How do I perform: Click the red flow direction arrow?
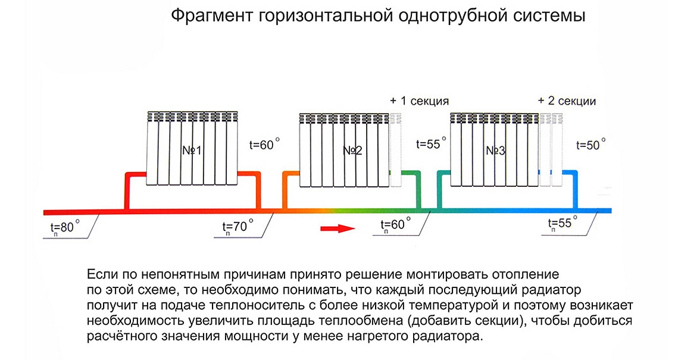[x=337, y=228]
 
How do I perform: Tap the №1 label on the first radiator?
[x=192, y=151]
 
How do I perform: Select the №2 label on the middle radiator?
[x=352, y=151]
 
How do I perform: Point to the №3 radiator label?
[x=495, y=151]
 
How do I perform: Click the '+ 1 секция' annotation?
[x=419, y=101]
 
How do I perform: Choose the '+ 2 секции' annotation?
[x=567, y=101]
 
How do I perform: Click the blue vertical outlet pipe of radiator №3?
[x=576, y=190]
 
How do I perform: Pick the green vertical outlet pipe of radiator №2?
[x=419, y=190]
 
